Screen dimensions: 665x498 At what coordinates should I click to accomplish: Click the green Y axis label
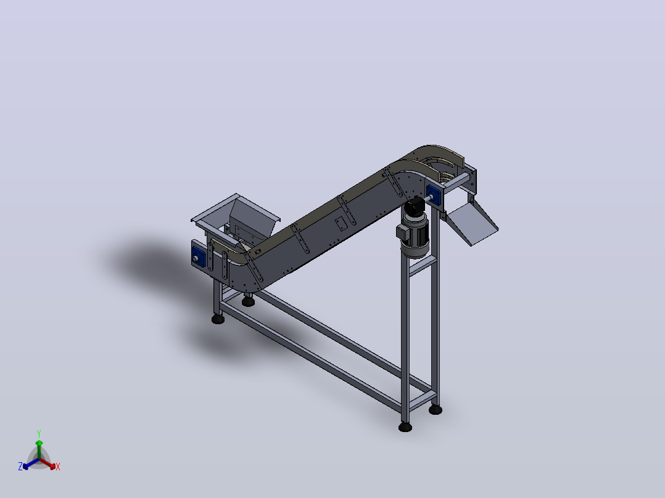(39, 433)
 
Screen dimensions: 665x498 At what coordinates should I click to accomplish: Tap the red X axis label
(58, 467)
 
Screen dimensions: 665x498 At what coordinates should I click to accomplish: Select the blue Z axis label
(20, 466)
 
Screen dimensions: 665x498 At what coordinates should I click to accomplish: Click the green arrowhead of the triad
(39, 443)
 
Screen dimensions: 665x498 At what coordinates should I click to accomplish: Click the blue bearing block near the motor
(434, 195)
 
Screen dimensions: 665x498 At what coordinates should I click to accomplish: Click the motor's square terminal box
(402, 232)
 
